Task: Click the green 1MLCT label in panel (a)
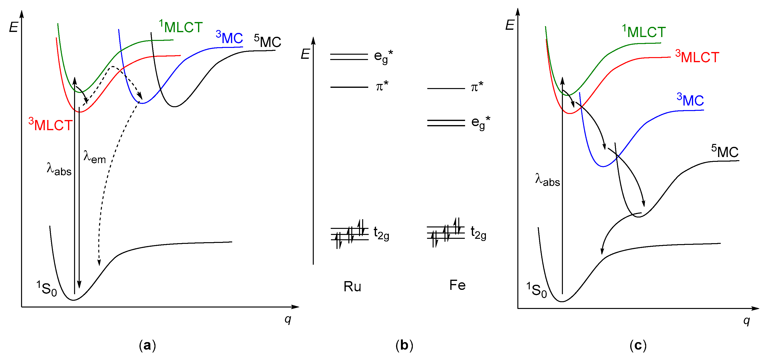coord(181,27)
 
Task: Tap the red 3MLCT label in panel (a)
coord(51,125)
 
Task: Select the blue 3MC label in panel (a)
coord(229,38)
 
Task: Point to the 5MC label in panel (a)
coord(268,41)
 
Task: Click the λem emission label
coord(95,157)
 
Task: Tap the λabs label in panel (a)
coord(59,169)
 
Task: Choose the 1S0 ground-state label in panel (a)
coord(47,288)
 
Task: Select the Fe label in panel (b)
coord(457,285)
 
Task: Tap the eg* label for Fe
coord(481,122)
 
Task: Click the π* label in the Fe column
coord(477,87)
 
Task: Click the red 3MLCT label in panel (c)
coord(697,57)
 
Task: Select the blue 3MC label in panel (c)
coord(690,100)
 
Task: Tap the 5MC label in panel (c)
coord(725,152)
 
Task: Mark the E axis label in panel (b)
coord(305,54)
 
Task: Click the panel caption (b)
coord(404,345)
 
